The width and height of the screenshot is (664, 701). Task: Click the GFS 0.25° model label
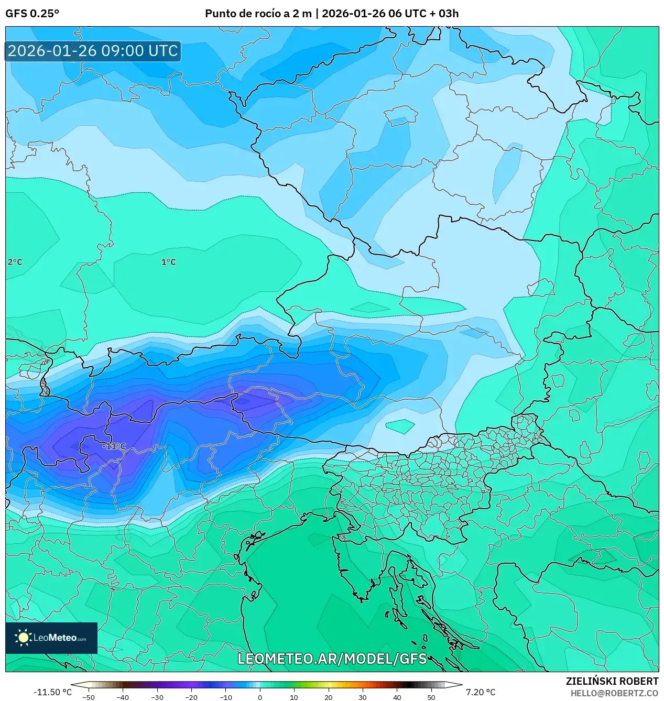(x=32, y=14)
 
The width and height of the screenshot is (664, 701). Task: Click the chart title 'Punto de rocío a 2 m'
(x=258, y=14)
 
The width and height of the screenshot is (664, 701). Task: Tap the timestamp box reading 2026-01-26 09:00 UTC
(x=93, y=51)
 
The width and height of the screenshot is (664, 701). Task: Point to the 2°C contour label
(x=15, y=262)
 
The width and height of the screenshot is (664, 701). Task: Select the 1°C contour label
(x=168, y=262)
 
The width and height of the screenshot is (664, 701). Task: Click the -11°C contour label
(x=115, y=446)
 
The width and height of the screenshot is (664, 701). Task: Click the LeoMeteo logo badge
(x=51, y=638)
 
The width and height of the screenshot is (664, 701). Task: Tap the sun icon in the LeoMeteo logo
(x=24, y=638)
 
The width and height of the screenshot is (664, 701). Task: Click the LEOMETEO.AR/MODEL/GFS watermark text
(x=332, y=659)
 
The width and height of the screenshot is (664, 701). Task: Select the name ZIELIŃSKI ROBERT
(x=612, y=681)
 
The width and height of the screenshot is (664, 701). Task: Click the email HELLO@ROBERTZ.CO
(x=614, y=693)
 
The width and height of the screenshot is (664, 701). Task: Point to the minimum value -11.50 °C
(x=52, y=692)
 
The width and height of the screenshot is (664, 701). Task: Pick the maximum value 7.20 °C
(x=480, y=692)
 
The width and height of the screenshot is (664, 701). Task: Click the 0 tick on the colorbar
(x=260, y=697)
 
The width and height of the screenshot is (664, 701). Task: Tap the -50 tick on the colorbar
(x=89, y=697)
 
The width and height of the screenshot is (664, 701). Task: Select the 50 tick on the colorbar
(x=431, y=697)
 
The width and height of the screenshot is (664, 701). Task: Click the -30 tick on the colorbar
(x=157, y=697)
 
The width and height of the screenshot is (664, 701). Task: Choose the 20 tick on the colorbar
(x=329, y=697)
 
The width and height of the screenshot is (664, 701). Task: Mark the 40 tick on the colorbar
(x=397, y=697)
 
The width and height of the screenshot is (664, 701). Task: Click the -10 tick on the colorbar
(x=225, y=697)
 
